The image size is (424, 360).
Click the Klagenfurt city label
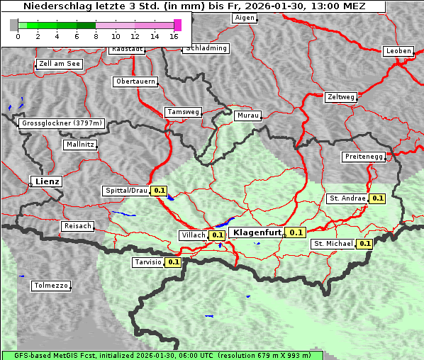[256, 232]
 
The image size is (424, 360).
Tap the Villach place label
[193, 235]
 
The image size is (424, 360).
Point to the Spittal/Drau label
[125, 191]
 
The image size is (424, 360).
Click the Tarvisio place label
[147, 262]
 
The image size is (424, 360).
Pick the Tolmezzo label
[51, 286]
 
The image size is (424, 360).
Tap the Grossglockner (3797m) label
[62, 123]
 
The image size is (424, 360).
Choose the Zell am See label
[59, 64]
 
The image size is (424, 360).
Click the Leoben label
[398, 51]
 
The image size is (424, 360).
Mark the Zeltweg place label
[340, 96]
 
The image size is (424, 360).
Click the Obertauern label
[135, 81]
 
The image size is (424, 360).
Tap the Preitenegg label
[364, 157]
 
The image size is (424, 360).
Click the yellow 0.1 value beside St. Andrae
[376, 198]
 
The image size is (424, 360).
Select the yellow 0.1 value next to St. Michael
[364, 244]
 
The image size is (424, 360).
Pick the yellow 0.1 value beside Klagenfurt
[296, 232]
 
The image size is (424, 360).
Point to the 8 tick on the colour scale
[96, 35]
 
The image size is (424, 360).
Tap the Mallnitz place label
[79, 145]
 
